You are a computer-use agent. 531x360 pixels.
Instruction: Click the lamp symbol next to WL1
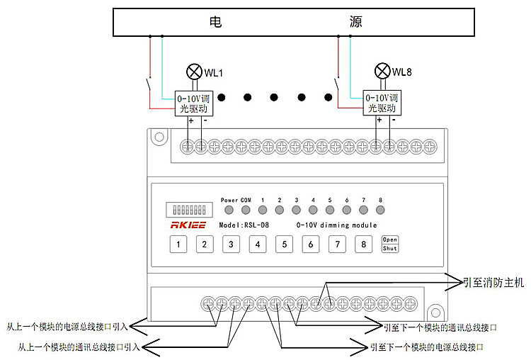(x=193, y=72)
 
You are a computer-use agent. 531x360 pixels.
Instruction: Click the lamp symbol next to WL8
(x=382, y=71)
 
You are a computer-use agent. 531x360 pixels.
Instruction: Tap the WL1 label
(x=214, y=72)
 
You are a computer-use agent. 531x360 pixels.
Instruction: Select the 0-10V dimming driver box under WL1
(x=193, y=103)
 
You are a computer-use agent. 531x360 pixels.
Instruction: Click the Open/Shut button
(x=390, y=244)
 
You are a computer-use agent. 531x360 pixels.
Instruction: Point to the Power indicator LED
(x=229, y=210)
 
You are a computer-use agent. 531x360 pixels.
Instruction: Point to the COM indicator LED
(x=246, y=210)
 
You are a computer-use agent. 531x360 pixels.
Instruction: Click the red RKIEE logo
(x=189, y=225)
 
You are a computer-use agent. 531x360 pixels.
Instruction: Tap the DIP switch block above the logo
(x=188, y=210)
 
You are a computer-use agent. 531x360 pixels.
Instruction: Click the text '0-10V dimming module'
(x=336, y=225)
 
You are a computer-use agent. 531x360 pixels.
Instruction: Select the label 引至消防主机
(x=493, y=282)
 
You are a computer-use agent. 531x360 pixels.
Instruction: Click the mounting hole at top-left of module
(x=159, y=137)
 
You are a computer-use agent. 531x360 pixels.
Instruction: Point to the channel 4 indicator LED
(x=313, y=210)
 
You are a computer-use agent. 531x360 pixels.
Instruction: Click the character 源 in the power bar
(x=356, y=22)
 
